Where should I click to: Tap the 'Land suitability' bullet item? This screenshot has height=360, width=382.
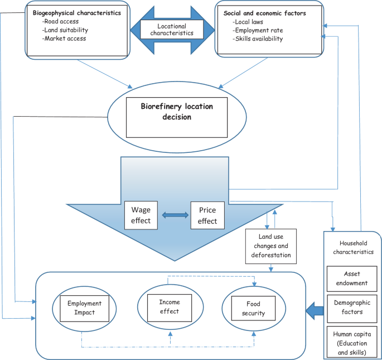65,30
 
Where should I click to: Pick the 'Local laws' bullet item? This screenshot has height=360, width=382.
248,21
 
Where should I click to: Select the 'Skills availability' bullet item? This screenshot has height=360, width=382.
258,39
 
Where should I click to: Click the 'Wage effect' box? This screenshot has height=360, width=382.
141,215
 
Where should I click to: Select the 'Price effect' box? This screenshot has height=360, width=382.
207,215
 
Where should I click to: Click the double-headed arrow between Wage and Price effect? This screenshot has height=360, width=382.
174,215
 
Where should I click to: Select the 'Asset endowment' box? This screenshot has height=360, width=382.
352,278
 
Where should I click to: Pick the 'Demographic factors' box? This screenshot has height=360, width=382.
352,307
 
